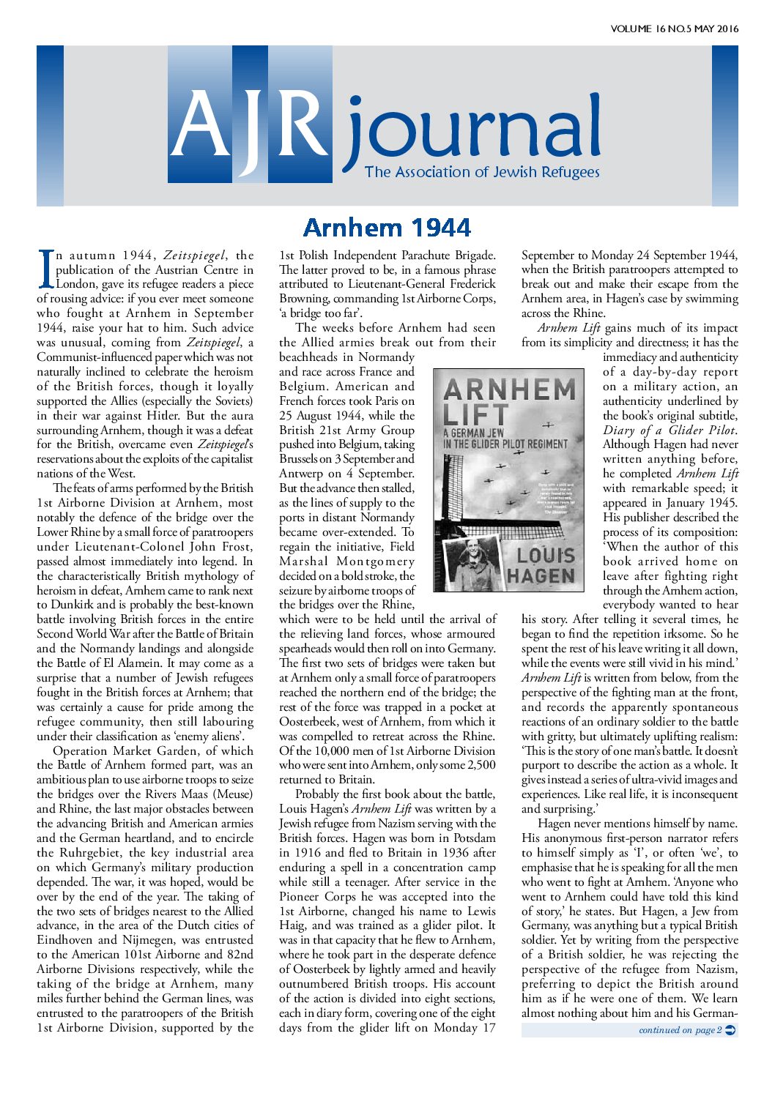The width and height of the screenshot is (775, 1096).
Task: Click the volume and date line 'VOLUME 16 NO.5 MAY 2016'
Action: [674, 29]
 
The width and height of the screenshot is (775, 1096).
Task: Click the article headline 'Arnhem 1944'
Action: [386, 228]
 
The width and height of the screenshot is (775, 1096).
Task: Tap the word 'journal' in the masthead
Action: [472, 132]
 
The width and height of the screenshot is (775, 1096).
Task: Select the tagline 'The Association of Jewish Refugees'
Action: [482, 172]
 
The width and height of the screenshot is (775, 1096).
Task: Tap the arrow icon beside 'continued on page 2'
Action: [730, 1030]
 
